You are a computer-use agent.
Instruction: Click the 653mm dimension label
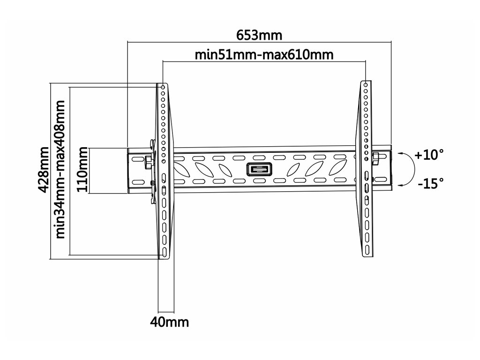point(259,35)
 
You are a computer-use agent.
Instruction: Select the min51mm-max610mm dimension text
point(264,55)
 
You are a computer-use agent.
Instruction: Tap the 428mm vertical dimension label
point(44,169)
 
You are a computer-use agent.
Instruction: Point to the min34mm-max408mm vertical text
point(60,169)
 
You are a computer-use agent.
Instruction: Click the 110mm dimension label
point(83,169)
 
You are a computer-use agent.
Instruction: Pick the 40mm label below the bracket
point(169,322)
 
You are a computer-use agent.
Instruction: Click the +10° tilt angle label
point(429,155)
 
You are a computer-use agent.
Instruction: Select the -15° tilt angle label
point(430,183)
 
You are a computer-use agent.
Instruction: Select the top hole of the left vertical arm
point(163,87)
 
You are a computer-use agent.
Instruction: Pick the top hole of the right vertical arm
point(365,84)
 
